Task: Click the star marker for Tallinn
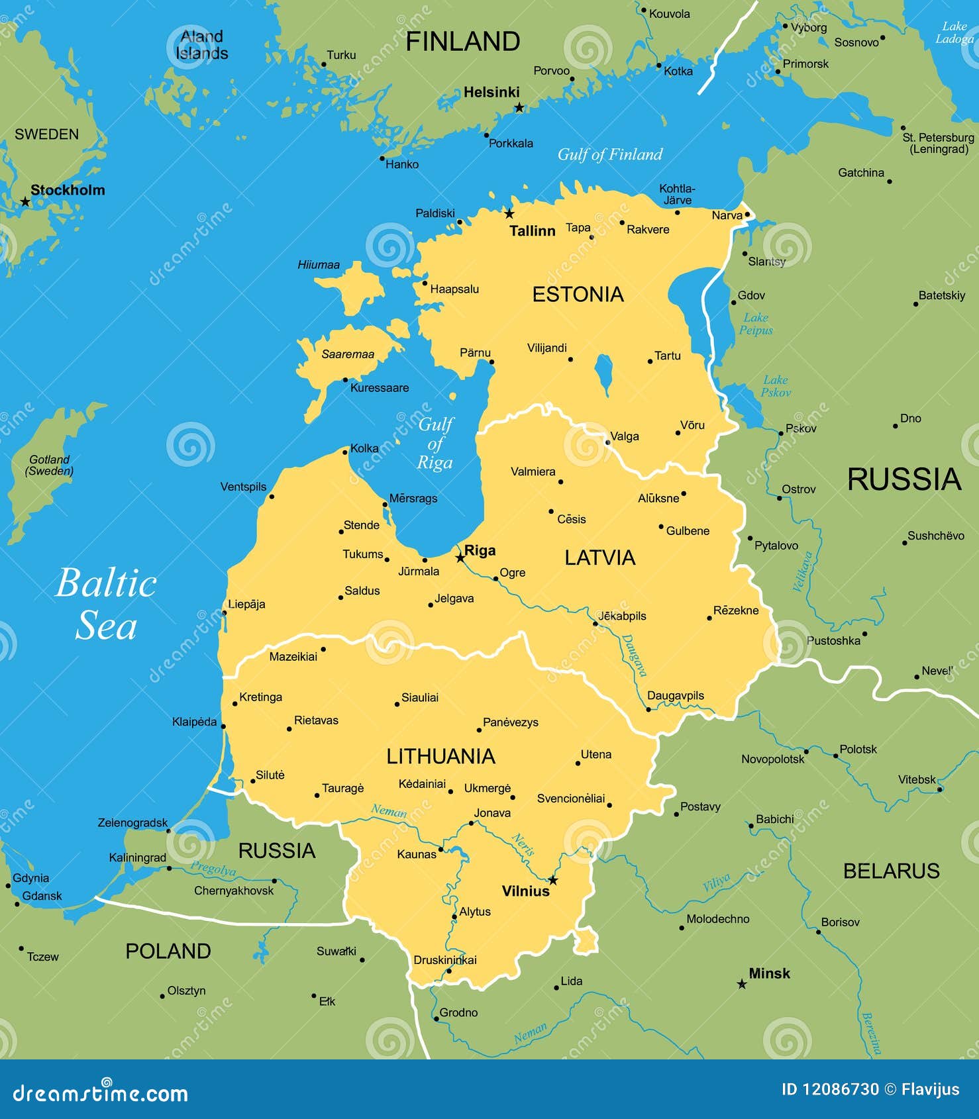click(x=509, y=213)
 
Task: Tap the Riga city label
click(x=480, y=551)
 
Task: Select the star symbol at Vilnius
click(x=553, y=880)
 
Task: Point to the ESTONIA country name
click(x=578, y=295)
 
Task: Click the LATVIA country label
click(x=599, y=558)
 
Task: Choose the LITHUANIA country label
click(x=440, y=756)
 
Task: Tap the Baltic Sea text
click(x=106, y=604)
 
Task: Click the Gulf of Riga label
click(x=435, y=443)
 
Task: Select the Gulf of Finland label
click(x=609, y=154)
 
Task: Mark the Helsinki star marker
click(x=519, y=107)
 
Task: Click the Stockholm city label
click(x=68, y=190)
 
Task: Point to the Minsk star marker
click(x=742, y=985)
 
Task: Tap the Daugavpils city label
click(x=675, y=695)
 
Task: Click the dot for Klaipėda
click(x=223, y=726)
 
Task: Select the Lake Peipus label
click(x=756, y=324)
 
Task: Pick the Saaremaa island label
click(x=348, y=354)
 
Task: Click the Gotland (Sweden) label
click(x=49, y=465)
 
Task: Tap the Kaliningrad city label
click(x=137, y=857)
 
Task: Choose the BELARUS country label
click(x=891, y=871)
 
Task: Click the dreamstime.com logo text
click(x=100, y=1094)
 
